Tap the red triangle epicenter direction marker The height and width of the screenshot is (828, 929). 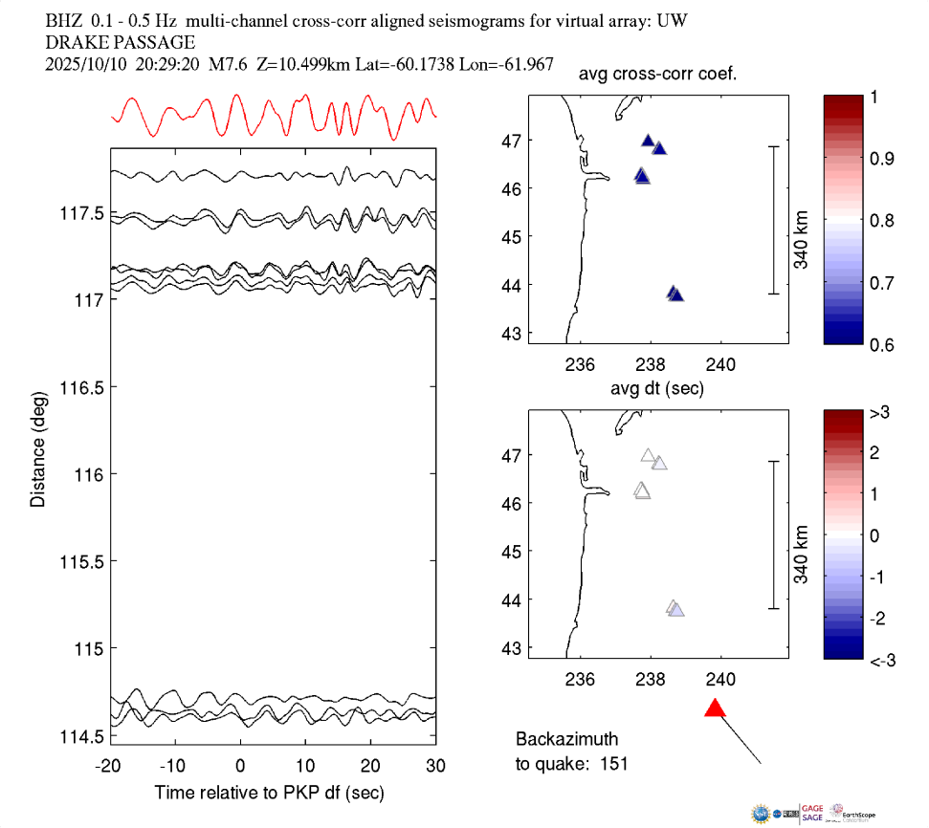coord(715,708)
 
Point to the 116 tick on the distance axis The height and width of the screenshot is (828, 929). coord(80,474)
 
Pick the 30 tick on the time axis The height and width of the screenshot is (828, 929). coord(436,766)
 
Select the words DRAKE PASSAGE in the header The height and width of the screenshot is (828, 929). coord(121,42)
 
